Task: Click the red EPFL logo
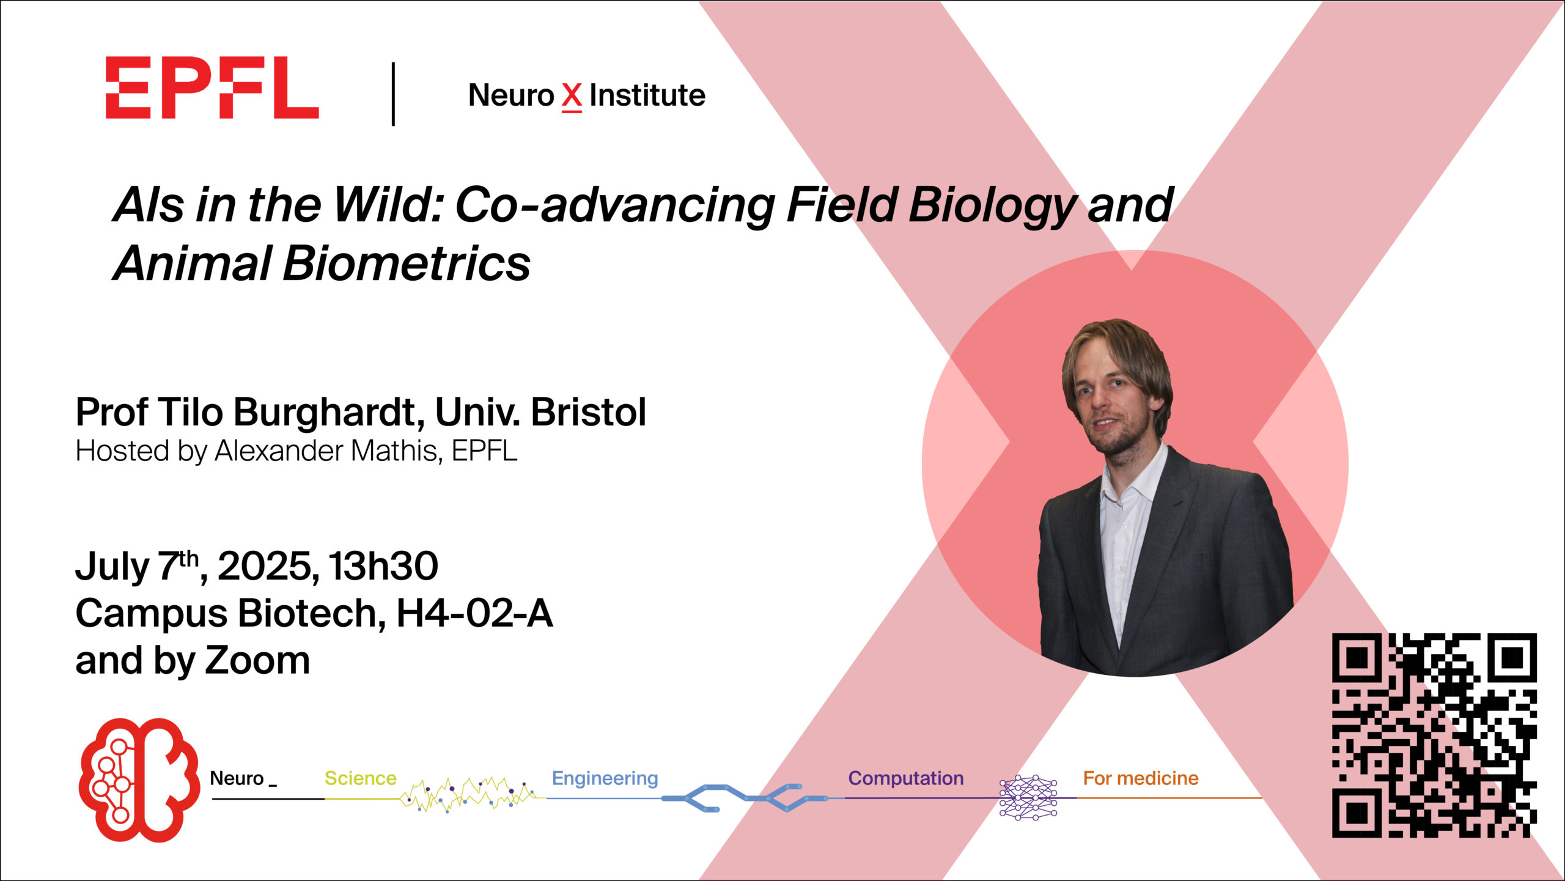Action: coord(212,87)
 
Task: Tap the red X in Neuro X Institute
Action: coord(572,97)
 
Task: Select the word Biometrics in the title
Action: coord(407,264)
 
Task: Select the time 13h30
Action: coord(383,566)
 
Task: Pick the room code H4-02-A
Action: coord(475,613)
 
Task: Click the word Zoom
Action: coord(257,661)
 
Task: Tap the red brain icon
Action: coord(140,780)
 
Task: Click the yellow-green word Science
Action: coord(361,778)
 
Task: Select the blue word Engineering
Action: coord(605,779)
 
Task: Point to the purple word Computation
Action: coord(906,778)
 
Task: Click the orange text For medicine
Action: coord(1141,778)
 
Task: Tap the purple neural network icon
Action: coord(1028,798)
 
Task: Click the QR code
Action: coord(1434,735)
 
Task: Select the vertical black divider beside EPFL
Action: coord(393,94)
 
